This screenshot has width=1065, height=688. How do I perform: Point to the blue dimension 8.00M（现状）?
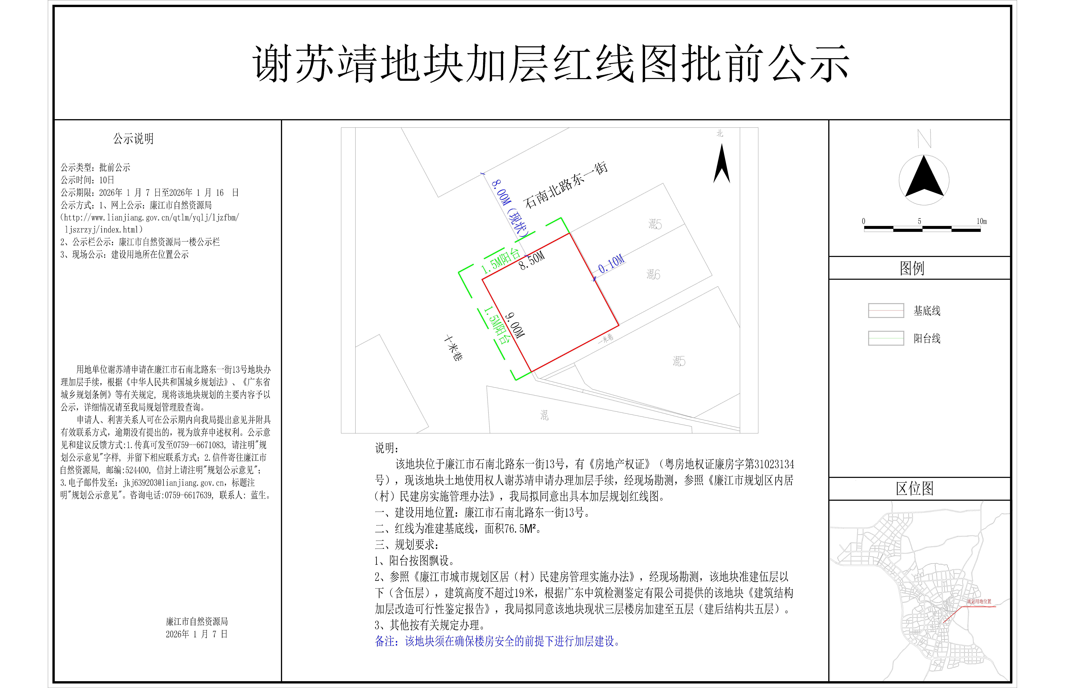point(510,208)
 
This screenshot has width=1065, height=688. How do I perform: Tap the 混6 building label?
point(653,274)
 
